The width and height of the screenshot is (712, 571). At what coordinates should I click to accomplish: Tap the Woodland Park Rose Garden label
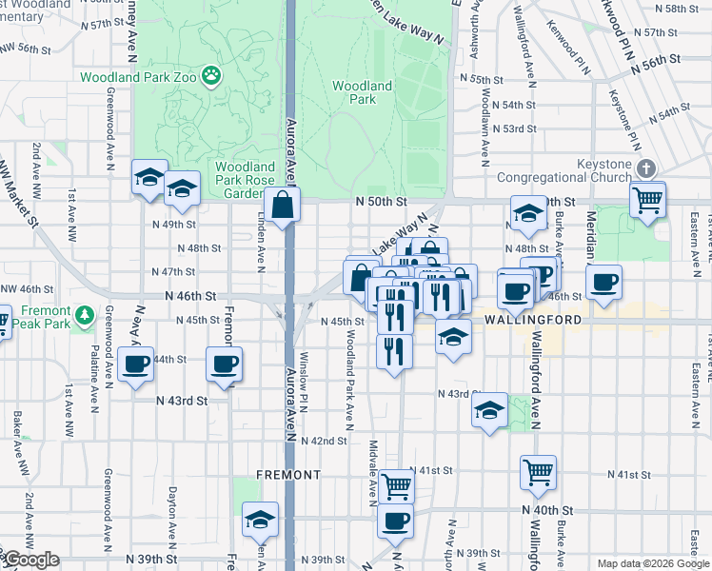[245, 179]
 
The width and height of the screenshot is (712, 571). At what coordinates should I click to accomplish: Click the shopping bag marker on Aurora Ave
[283, 205]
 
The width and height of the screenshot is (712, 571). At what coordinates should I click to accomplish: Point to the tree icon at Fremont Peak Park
[85, 313]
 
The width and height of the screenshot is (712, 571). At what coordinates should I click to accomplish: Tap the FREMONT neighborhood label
[287, 474]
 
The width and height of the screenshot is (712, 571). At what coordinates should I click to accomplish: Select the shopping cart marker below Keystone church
[647, 201]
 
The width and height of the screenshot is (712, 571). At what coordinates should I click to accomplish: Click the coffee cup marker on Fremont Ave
[224, 364]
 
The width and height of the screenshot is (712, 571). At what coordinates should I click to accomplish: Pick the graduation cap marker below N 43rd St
[489, 409]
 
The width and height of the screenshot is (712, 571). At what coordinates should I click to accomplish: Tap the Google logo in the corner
[31, 560]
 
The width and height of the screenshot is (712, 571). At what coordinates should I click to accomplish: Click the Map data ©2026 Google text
[653, 563]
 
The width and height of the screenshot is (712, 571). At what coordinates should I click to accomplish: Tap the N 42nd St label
[324, 441]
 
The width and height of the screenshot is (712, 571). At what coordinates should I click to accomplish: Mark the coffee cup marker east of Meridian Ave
[603, 283]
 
